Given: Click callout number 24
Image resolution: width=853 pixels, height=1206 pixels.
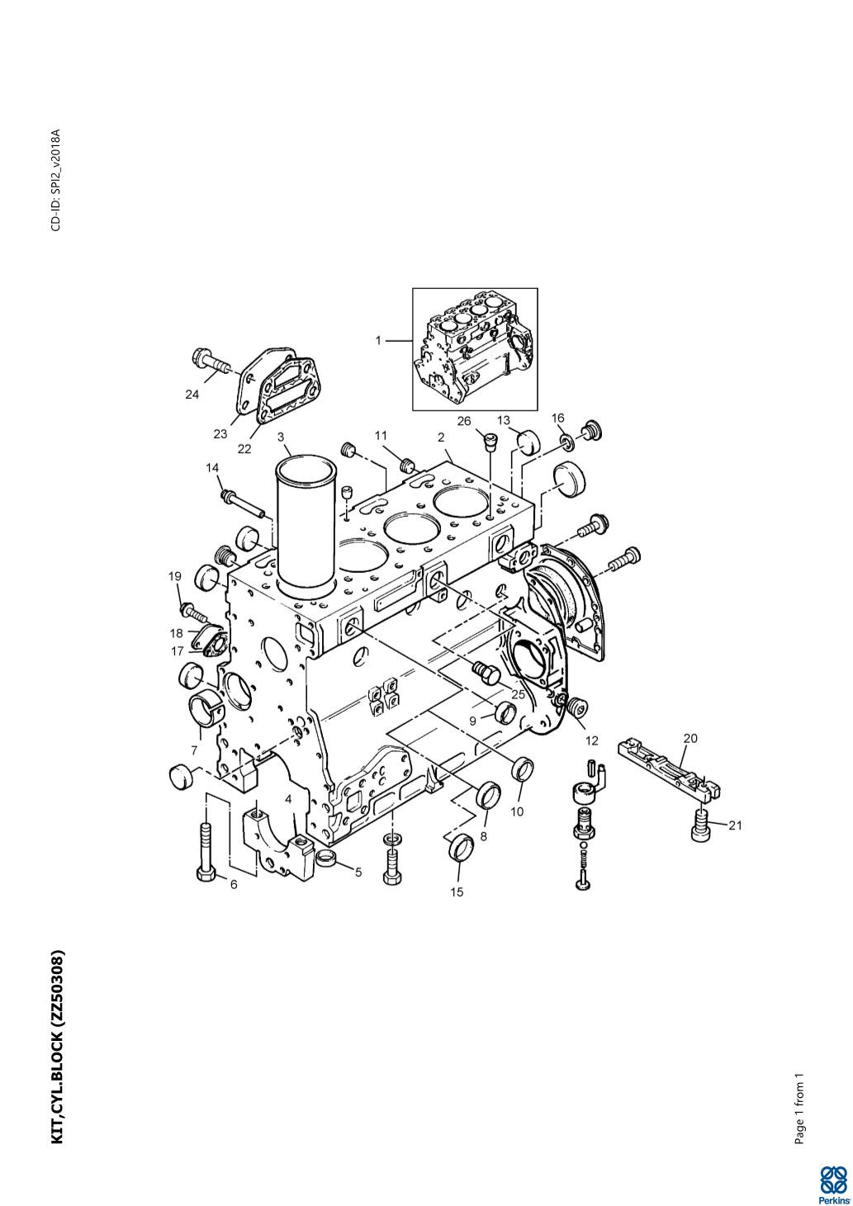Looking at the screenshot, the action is (x=192, y=395).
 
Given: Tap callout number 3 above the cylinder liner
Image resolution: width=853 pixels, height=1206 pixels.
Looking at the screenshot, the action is (x=281, y=437).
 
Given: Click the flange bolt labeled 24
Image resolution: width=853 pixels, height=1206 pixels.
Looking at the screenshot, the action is (x=211, y=361).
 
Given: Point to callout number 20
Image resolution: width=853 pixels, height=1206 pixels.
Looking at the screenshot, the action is (x=690, y=738).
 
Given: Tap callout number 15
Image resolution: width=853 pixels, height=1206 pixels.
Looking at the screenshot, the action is (x=457, y=892).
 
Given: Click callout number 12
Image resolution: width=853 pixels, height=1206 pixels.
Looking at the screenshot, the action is (x=592, y=741).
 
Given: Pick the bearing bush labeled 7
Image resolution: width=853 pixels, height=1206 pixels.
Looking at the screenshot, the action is (x=206, y=710).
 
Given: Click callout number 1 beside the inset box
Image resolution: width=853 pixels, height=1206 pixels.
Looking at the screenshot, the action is (x=378, y=340).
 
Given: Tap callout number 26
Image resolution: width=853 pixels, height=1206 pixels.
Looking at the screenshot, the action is (x=463, y=420).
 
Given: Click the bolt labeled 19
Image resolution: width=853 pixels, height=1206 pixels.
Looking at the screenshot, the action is (x=192, y=612).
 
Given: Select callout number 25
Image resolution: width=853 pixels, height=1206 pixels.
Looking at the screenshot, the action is (x=518, y=694).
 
